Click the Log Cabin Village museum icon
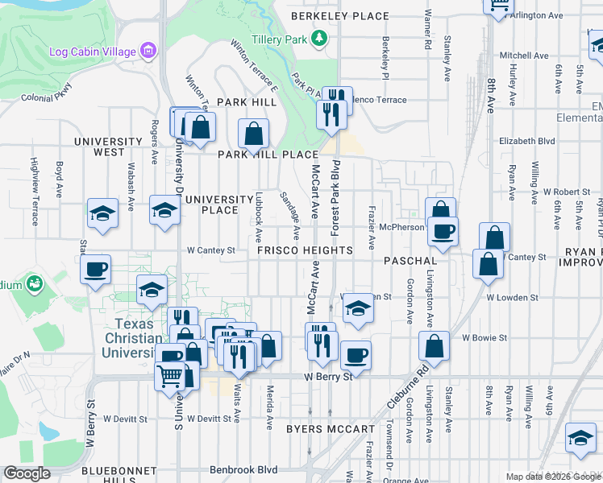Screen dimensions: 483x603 pyautogui.click(x=148, y=52)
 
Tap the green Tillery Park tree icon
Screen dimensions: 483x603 pyautogui.click(x=320, y=38)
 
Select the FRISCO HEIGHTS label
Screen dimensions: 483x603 pyautogui.click(x=305, y=250)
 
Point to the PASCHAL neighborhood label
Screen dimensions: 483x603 pyautogui.click(x=410, y=262)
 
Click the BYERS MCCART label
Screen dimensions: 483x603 pyautogui.click(x=330, y=429)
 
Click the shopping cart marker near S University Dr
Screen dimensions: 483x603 pyautogui.click(x=170, y=374)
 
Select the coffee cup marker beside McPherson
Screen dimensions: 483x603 pyautogui.click(x=442, y=232)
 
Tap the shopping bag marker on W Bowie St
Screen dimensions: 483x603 pyautogui.click(x=435, y=345)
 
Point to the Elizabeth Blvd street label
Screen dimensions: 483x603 pyautogui.click(x=527, y=140)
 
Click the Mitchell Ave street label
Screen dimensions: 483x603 pyautogui.click(x=524, y=56)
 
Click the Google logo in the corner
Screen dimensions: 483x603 pyautogui.click(x=27, y=473)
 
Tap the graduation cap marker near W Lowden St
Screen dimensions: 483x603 pyautogui.click(x=358, y=308)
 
